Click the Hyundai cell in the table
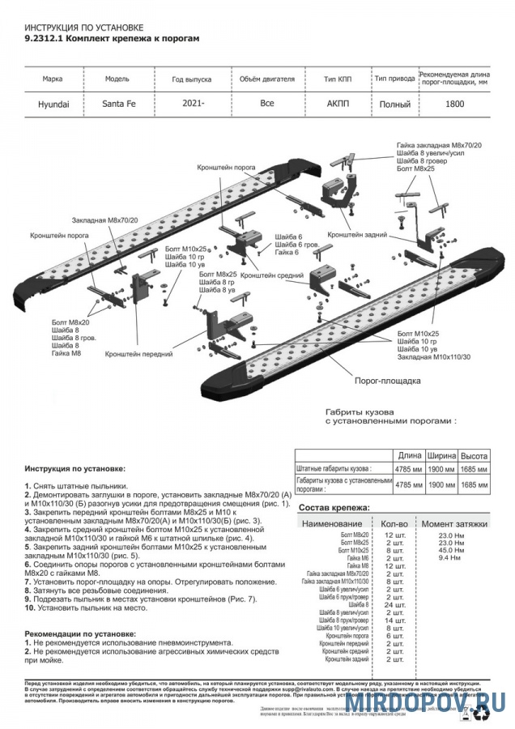(54, 104)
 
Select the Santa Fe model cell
(118, 104)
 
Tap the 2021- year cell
(192, 104)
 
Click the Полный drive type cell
(394, 104)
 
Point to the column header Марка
(54, 80)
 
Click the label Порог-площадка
(388, 379)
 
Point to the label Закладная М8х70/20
(105, 220)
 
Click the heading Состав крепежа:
(334, 508)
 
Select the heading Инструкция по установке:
(74, 468)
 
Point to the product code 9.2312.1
(42, 38)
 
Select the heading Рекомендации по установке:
(80, 633)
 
